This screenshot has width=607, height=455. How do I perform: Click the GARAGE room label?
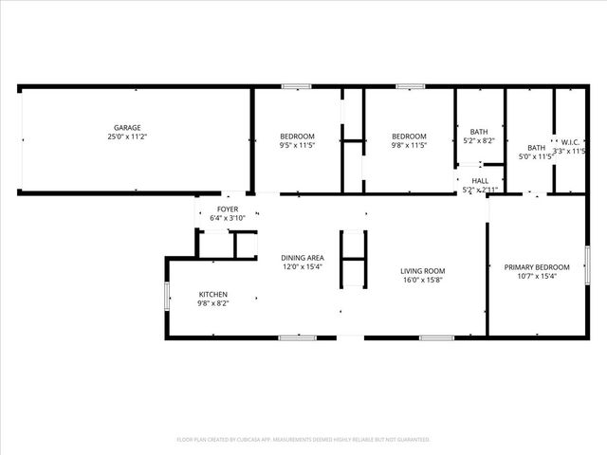(128, 127)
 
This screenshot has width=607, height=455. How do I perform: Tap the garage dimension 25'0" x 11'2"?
(128, 137)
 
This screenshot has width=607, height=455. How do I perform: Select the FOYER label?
(228, 209)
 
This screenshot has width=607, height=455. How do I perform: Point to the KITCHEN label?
(212, 294)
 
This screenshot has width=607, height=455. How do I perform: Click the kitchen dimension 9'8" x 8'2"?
(212, 303)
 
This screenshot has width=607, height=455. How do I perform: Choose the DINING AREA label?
(303, 258)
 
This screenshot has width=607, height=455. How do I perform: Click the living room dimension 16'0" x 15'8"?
(422, 280)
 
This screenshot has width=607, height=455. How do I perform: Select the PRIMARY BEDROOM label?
(537, 267)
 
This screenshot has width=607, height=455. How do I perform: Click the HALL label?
(480, 180)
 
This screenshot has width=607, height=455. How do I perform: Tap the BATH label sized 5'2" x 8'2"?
(479, 132)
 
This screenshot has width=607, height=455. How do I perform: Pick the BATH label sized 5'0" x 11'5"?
(537, 147)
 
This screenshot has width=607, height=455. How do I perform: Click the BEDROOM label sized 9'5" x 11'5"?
(297, 136)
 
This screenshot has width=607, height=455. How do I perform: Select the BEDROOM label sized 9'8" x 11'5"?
(410, 136)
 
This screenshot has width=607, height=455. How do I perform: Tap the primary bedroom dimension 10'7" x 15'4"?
(537, 277)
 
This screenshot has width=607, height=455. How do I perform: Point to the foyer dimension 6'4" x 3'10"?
(228, 218)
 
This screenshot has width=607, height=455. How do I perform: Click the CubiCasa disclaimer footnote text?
(303, 440)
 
